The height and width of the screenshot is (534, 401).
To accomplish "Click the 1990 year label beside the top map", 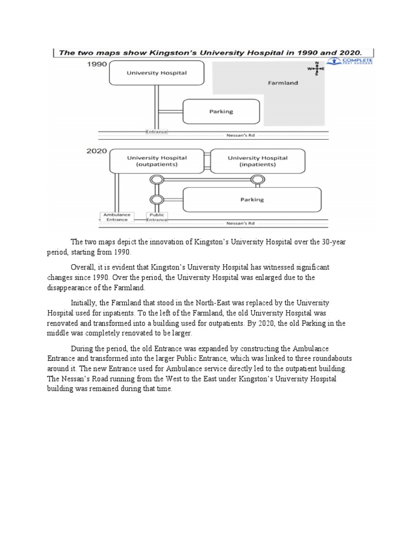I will point(97,64).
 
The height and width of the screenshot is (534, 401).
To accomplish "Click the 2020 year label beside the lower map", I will point(97,151).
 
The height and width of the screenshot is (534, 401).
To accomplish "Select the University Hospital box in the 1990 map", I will point(157,73).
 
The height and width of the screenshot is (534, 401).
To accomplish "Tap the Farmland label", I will point(282,82).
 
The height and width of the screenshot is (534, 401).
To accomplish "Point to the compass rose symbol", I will point(316,69).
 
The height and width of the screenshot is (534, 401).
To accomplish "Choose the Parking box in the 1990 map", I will point(221,112).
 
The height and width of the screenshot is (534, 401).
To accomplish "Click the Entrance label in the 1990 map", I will point(157,132).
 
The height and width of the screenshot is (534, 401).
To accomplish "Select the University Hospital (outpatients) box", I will point(157,161).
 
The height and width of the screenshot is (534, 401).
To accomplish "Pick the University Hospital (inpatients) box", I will point(257,161).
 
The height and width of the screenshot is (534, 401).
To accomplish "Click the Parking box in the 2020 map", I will point(252,199).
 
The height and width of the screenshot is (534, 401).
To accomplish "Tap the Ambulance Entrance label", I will point(116,217).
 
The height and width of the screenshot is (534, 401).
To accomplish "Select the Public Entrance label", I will point(157,217).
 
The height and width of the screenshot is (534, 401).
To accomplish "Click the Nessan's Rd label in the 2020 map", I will point(241,223).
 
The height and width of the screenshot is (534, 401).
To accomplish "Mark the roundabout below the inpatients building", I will point(256,180).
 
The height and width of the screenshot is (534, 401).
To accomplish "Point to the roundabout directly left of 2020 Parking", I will point(155,199).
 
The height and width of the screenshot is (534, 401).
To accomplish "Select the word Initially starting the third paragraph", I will point(84,302).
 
